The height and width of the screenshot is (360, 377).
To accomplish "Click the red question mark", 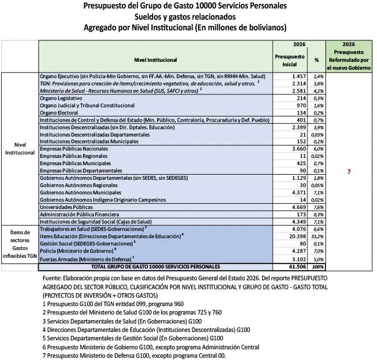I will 349,172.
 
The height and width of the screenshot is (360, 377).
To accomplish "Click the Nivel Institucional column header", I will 155,60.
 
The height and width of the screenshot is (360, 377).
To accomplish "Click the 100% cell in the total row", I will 317,267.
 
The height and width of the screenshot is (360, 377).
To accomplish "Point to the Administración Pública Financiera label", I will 79,214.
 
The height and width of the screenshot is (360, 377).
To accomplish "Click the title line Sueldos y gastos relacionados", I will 185,16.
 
